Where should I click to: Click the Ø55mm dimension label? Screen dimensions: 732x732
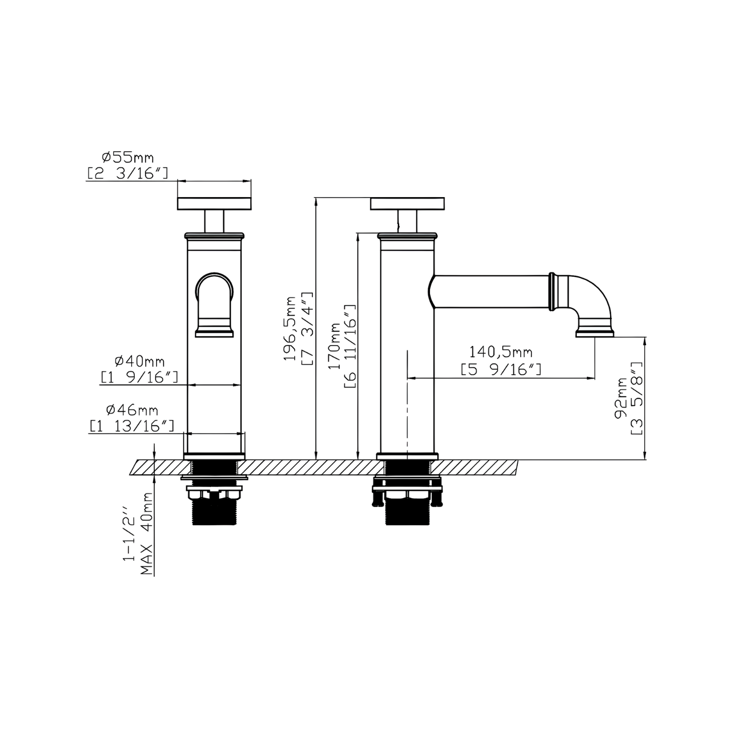127,158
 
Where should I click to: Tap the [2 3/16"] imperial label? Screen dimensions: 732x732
127,173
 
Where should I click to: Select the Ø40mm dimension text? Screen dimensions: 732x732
140,362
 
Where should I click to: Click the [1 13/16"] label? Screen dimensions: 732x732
132,426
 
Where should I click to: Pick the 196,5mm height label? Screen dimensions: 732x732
291,328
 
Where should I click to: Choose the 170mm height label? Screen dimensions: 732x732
335,346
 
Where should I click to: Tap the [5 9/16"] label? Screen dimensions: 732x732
501,370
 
